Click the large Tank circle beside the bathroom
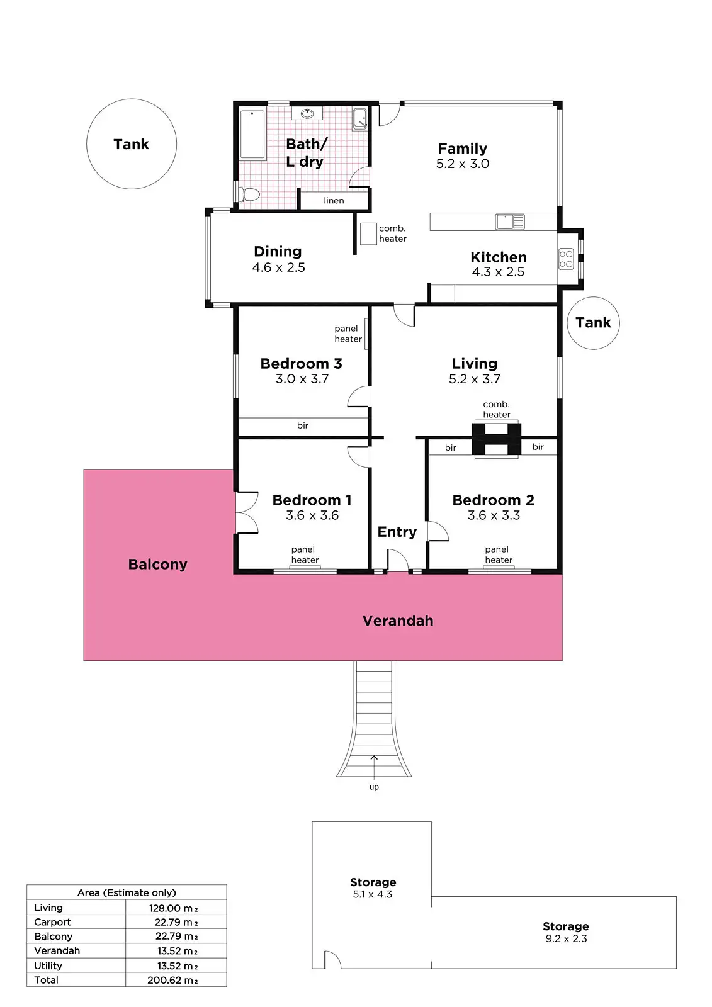pos(131,144)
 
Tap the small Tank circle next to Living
pos(593,323)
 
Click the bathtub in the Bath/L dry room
pos(252,135)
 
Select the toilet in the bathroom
pos(250,194)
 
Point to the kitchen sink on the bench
pos(509,222)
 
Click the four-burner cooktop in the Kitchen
pos(566,259)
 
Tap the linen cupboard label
pos(334,201)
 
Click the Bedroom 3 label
pos(301,364)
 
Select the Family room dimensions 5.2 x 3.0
pos(463,164)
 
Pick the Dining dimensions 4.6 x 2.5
pos(278,267)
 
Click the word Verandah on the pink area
pos(398,621)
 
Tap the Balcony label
pos(157,564)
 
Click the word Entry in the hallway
pos(397,532)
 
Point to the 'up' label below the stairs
pos(374,787)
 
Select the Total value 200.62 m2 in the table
pos(172,980)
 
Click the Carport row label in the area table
pos(52,922)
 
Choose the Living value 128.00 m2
pos(173,908)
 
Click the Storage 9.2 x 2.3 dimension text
pos(566,938)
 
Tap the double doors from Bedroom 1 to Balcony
pos(247,512)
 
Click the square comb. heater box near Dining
pos(368,233)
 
